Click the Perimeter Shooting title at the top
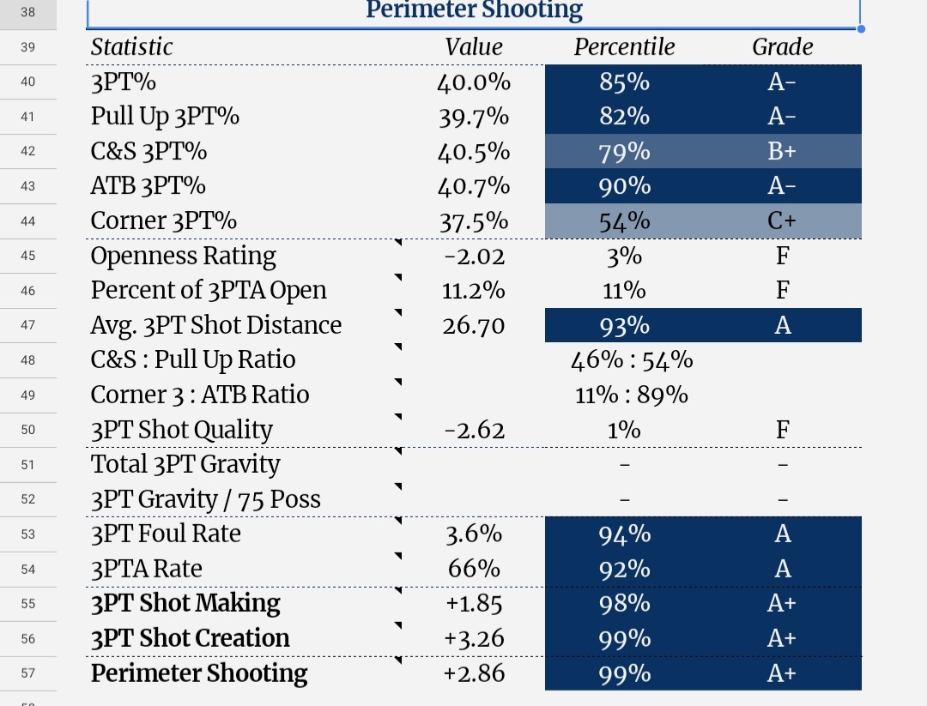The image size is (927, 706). click(474, 10)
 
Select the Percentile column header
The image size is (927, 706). click(624, 46)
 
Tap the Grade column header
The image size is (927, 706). click(782, 46)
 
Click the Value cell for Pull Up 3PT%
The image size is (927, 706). click(474, 117)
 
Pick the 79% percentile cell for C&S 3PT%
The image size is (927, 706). click(624, 152)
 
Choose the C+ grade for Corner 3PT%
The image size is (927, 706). click(782, 221)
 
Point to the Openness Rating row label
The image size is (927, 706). click(184, 256)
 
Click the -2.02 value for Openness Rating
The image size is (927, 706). click(474, 256)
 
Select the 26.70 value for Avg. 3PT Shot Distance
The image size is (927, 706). click(474, 325)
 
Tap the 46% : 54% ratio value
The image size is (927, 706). click(632, 360)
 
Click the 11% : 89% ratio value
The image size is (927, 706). click(632, 395)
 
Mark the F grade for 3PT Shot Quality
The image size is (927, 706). click(782, 430)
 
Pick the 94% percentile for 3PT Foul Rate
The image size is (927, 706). click(624, 534)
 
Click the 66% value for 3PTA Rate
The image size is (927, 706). click(474, 569)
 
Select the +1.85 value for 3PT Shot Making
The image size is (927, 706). click(474, 604)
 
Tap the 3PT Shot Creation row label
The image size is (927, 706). click(190, 638)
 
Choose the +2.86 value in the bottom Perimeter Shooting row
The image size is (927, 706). click(474, 673)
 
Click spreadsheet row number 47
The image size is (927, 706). click(27, 325)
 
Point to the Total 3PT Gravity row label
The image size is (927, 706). click(185, 464)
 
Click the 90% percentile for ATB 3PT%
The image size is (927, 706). click(624, 187)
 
